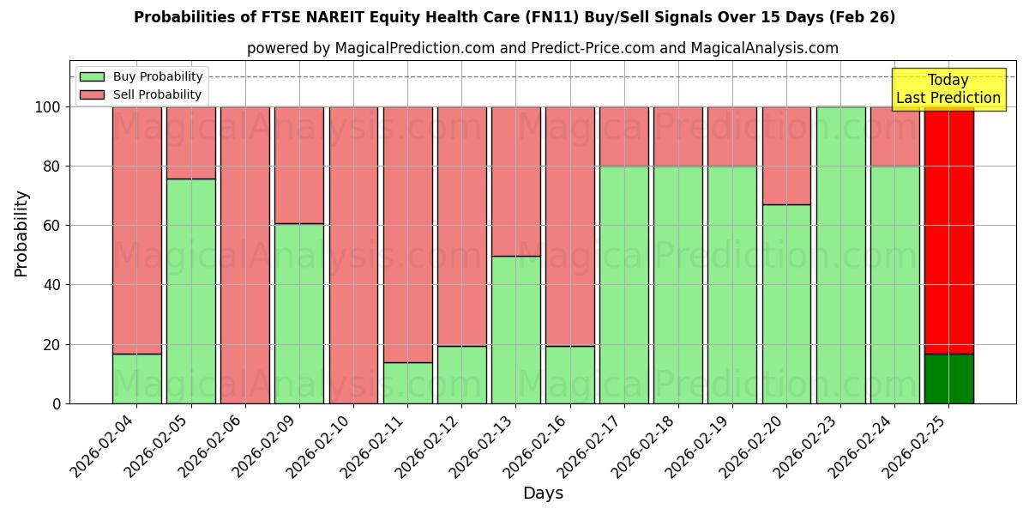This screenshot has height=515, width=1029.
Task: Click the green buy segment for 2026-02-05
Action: coord(190,291)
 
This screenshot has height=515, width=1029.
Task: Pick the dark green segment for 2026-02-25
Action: coord(948,379)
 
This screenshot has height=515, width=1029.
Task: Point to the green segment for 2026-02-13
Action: coord(515,330)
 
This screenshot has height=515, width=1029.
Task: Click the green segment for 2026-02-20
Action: coord(786,304)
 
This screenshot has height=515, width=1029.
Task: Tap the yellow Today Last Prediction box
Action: coord(948,89)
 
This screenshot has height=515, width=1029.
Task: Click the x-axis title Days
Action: coord(543,494)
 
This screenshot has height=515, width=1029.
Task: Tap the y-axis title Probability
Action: coord(21,233)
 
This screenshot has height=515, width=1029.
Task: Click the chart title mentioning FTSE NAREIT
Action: coord(514,17)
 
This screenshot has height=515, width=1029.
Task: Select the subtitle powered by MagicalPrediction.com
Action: coord(542,48)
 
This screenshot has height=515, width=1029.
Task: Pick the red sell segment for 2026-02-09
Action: coord(298,165)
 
